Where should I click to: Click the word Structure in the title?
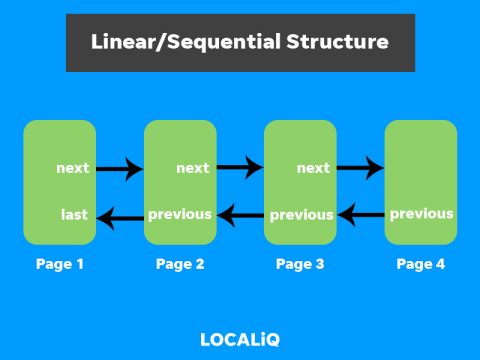click(x=337, y=43)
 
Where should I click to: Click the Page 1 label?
click(x=60, y=265)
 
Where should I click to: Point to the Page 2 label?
click(x=180, y=265)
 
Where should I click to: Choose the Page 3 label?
click(x=300, y=265)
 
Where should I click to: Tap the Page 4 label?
click(x=421, y=265)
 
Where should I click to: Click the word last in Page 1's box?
click(x=74, y=214)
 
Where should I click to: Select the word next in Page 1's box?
click(x=73, y=168)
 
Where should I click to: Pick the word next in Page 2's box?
click(x=192, y=168)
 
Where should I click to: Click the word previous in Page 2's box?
click(x=180, y=214)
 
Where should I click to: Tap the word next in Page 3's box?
click(x=313, y=168)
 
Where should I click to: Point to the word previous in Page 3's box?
click(x=301, y=215)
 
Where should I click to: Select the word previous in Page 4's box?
click(x=421, y=214)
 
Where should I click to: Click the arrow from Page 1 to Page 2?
click(x=120, y=169)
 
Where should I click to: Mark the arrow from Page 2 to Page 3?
click(x=240, y=168)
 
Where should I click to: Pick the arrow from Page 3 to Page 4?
click(x=360, y=168)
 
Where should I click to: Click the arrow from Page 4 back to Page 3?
click(x=360, y=213)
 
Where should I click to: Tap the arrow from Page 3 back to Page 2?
click(x=240, y=213)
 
